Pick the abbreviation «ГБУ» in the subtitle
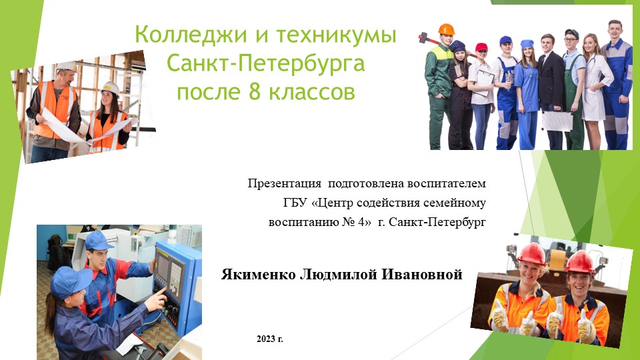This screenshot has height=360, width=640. click(x=288, y=202)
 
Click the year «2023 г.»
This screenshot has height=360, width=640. click(x=270, y=339)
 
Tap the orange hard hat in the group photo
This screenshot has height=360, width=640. click(x=446, y=29)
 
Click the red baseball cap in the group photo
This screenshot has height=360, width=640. click(x=481, y=47)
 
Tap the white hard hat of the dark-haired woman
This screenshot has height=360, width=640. click(x=109, y=87)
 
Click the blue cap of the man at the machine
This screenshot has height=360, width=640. click(x=99, y=240)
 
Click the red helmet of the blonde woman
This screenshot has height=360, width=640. click(x=531, y=253)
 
